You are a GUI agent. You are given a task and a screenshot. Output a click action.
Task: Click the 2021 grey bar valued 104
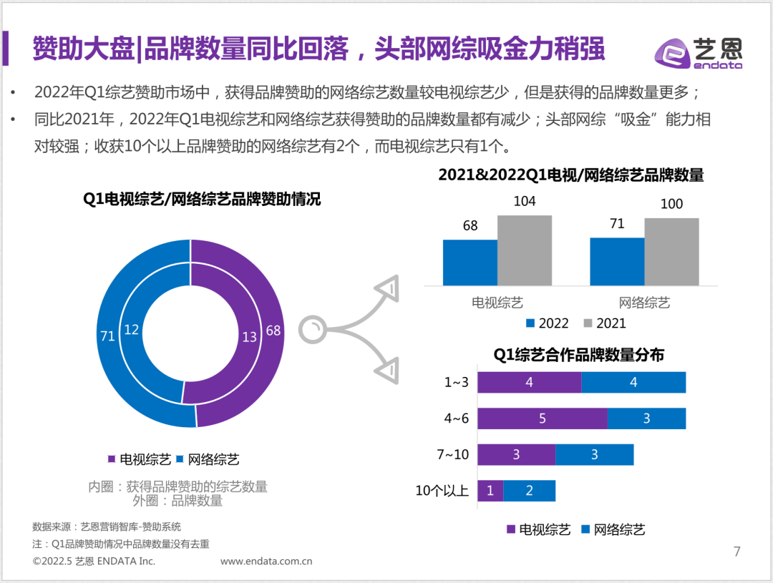click(x=525, y=250)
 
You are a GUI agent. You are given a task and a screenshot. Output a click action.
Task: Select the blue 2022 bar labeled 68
click(x=470, y=263)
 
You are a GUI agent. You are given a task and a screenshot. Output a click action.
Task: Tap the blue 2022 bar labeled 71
click(x=617, y=262)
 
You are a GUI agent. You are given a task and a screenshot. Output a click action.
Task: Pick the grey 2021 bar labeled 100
click(x=671, y=252)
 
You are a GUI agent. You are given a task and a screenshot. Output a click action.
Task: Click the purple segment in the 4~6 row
click(x=543, y=418)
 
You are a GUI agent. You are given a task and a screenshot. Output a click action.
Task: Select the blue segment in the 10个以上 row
click(x=530, y=491)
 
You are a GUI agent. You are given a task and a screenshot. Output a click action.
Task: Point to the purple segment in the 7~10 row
click(x=516, y=455)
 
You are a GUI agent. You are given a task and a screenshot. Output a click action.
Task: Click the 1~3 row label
click(x=456, y=382)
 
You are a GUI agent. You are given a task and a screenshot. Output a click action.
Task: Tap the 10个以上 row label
click(x=442, y=491)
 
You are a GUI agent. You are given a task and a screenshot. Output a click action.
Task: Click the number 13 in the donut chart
click(x=249, y=337)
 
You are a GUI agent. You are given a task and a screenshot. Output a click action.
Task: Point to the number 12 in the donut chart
click(x=132, y=329)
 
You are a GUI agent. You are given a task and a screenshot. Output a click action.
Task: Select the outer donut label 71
click(x=107, y=336)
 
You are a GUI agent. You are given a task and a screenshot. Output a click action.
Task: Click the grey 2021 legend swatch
click(x=589, y=323)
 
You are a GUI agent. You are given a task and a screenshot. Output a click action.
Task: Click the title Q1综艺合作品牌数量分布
click(x=578, y=355)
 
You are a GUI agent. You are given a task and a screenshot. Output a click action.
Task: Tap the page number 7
click(x=737, y=552)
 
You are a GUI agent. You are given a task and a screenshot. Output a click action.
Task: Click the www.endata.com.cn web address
click(x=266, y=562)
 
